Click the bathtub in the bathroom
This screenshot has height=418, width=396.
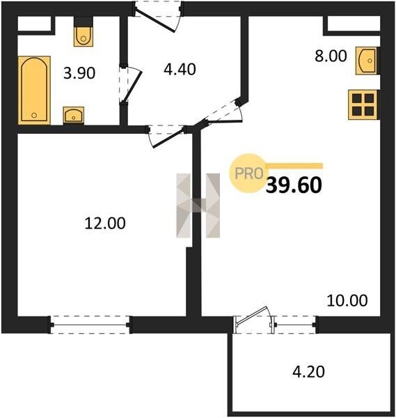[34, 90]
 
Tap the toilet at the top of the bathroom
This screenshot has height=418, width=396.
[84, 32]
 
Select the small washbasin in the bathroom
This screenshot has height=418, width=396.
[74, 116]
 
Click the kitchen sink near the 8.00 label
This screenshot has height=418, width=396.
[367, 61]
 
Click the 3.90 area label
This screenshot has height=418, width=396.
[79, 73]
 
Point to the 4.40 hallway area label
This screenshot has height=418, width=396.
[180, 69]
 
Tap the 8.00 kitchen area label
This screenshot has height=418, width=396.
[331, 56]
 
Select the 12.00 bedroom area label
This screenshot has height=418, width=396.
[105, 223]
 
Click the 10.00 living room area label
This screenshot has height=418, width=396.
[347, 300]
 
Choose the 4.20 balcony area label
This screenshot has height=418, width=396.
[308, 371]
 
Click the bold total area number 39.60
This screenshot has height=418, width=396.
[294, 185]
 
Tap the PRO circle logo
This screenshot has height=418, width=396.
[248, 173]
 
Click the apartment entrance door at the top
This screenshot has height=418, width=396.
[158, 17]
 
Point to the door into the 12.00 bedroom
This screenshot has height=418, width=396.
[166, 136]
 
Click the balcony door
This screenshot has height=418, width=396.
[253, 320]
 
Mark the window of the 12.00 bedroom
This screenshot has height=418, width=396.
[90, 325]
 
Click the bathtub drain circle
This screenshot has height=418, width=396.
[34, 115]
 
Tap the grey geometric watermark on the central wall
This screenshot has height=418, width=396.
[198, 206]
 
